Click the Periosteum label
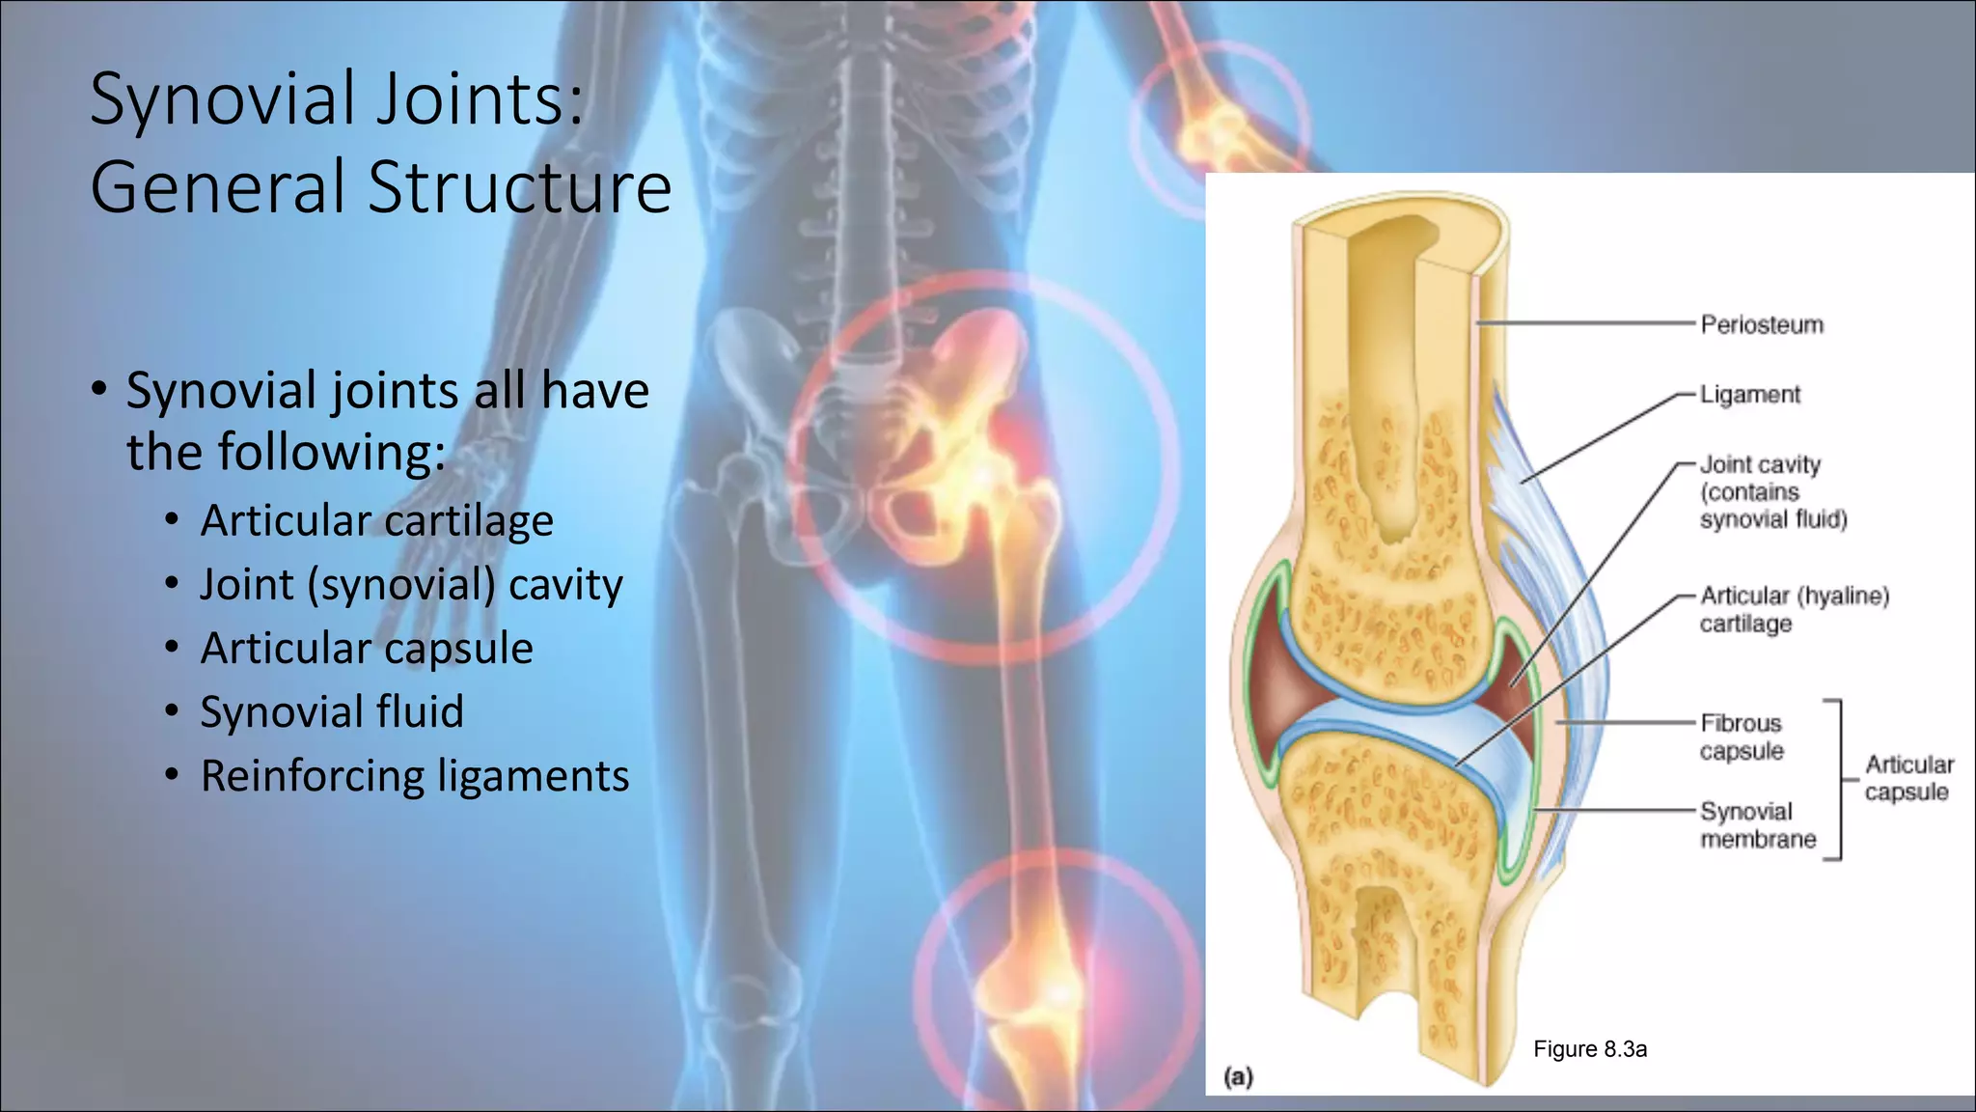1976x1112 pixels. pyautogui.click(x=1761, y=324)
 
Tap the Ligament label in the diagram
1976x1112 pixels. pyautogui.click(x=1749, y=395)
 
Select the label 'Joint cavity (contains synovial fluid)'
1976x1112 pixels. pyautogui.click(x=1772, y=492)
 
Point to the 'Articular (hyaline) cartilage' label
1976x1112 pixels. pyautogui.click(x=1794, y=609)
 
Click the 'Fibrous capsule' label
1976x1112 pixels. pyautogui.click(x=1741, y=737)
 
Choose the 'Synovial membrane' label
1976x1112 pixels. pyautogui.click(x=1757, y=825)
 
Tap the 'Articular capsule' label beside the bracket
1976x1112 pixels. pyautogui.click(x=1907, y=778)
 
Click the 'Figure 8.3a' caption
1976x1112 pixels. pyautogui.click(x=1589, y=1049)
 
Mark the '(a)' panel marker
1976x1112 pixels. pyautogui.click(x=1238, y=1076)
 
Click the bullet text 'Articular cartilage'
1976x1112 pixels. pyautogui.click(x=376, y=521)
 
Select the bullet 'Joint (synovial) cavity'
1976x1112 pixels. pyautogui.click(x=411, y=585)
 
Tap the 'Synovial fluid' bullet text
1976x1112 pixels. pyautogui.click(x=332, y=712)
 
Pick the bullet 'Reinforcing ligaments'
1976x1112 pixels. pyautogui.click(x=414, y=776)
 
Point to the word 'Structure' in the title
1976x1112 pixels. pyautogui.click(x=520, y=187)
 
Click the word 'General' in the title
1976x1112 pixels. pyautogui.click(x=217, y=187)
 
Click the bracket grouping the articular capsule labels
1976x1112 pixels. pyautogui.click(x=1839, y=779)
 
